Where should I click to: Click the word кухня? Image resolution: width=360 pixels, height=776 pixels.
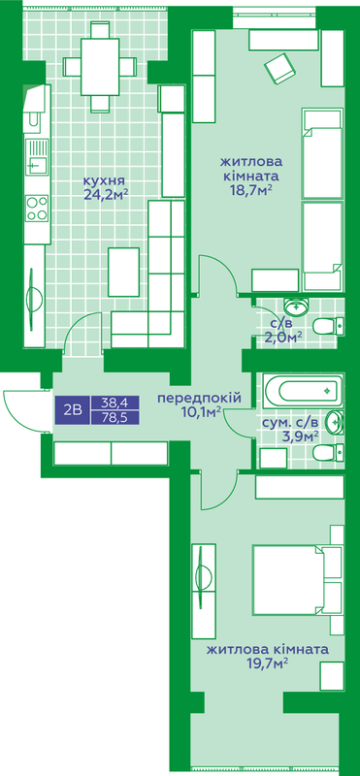tap(105, 180)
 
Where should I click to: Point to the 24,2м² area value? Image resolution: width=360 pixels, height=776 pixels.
tap(106, 195)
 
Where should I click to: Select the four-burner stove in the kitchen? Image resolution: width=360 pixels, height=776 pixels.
tap(37, 207)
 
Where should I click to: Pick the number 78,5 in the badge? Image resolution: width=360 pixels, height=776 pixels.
tap(115, 417)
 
